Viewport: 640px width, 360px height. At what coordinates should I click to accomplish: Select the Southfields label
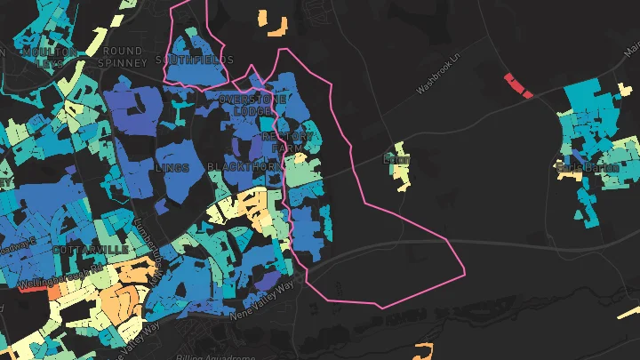[194, 60]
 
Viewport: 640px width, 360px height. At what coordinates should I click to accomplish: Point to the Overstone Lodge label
[252, 105]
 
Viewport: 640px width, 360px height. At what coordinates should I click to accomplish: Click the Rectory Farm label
[288, 141]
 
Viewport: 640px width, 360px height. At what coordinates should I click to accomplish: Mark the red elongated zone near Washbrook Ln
[517, 85]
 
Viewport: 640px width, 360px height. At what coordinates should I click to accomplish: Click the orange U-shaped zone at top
[276, 24]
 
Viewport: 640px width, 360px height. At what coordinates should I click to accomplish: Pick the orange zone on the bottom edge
[424, 350]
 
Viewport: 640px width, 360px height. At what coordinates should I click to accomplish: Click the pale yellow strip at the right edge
[633, 314]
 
